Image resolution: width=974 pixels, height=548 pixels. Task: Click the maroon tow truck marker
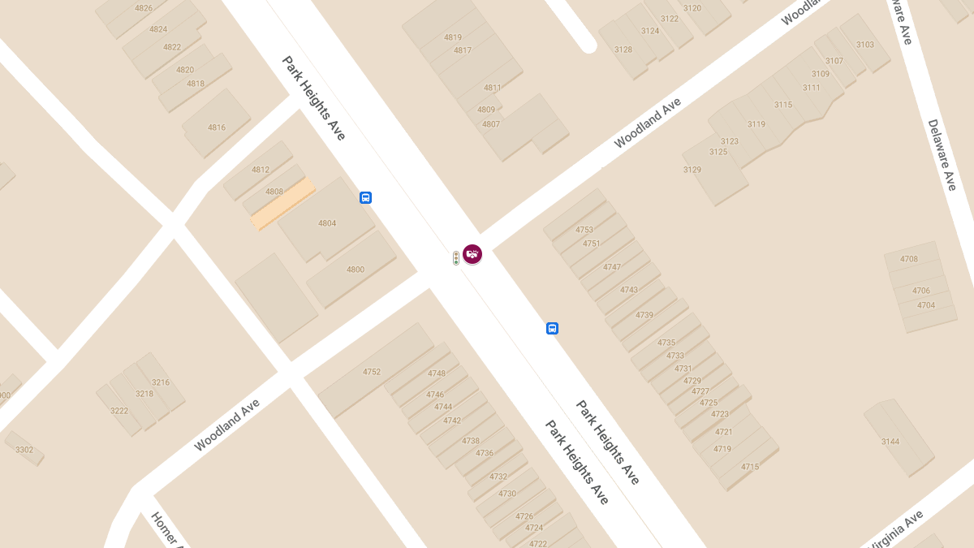coord(472,254)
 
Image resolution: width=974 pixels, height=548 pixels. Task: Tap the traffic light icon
coord(456,258)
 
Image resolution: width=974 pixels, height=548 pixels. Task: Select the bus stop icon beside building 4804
coord(365,197)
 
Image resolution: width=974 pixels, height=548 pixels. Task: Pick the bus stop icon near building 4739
coord(552,328)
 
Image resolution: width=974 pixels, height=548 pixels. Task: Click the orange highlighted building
coord(282,205)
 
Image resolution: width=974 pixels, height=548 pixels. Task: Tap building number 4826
coord(144,8)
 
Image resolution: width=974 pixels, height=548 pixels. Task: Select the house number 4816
coord(217,127)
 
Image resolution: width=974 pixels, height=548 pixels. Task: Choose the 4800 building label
coord(356,270)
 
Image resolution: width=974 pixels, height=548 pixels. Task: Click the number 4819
coord(453,37)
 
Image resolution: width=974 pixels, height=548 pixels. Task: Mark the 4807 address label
coord(491,124)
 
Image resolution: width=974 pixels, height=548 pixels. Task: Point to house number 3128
coord(623,50)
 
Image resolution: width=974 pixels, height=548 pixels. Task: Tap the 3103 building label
coord(865,45)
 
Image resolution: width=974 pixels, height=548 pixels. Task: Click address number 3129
coord(692,170)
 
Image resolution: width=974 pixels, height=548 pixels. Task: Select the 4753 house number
coord(584,230)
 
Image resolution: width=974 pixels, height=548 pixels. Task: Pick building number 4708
coord(909,259)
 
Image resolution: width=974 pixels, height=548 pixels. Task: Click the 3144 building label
coord(890,442)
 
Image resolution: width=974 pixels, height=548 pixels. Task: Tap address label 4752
coord(372,372)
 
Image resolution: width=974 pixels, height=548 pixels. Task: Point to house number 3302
coord(24,450)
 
